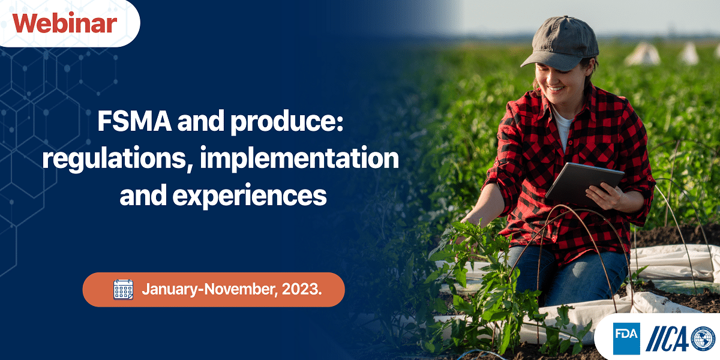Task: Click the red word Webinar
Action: click(65, 23)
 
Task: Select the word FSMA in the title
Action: click(134, 121)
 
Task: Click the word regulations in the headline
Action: click(115, 159)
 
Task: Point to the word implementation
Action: click(299, 159)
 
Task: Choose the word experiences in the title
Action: click(250, 196)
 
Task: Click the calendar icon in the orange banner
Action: click(123, 290)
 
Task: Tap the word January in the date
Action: click(170, 289)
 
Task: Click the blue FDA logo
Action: click(626, 338)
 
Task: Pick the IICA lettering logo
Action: click(668, 338)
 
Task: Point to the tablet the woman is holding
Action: click(584, 184)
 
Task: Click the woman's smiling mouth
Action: click(556, 88)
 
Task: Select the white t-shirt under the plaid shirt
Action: click(564, 128)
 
